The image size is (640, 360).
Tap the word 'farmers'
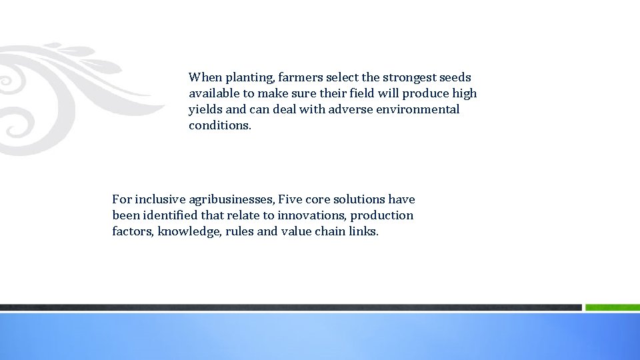[298, 77]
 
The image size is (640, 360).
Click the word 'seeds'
[453, 77]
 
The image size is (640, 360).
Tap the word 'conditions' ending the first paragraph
[219, 125]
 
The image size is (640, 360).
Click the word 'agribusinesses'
[231, 200]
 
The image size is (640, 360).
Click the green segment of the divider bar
[612, 307]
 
